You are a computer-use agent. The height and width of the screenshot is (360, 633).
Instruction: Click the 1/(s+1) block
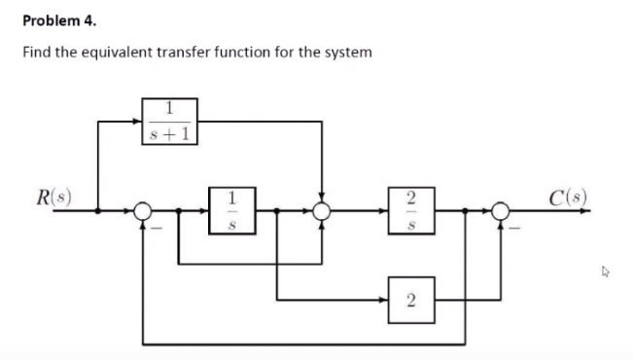tap(171, 121)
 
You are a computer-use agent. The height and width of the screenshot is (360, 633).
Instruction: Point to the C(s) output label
tap(567, 195)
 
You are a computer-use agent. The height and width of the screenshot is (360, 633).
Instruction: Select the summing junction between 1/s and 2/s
tap(321, 209)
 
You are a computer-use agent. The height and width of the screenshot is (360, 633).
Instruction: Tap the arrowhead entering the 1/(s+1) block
tap(139, 121)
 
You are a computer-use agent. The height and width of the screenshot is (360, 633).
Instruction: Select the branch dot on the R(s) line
tap(97, 209)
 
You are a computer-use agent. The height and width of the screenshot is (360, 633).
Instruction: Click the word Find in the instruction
tap(36, 51)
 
